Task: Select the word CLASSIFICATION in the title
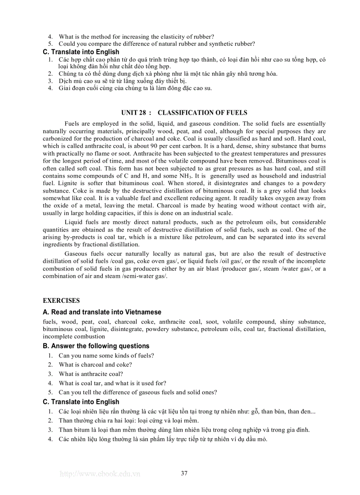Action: tap(181, 113)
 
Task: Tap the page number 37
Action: tap(184, 473)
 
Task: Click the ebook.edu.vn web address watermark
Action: tap(100, 474)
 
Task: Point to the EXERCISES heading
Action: tap(61, 301)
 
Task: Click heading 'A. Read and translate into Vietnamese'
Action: tap(102, 312)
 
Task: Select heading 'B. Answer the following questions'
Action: tap(96, 346)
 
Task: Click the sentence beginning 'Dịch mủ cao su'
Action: tap(123, 81)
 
